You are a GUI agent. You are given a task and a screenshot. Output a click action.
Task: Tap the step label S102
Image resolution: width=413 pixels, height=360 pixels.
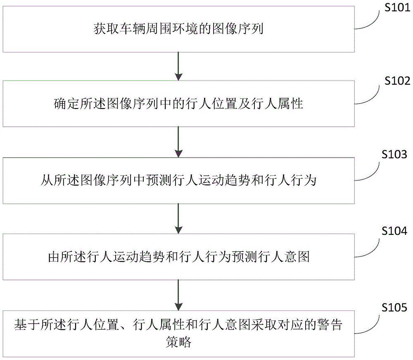point(395,81)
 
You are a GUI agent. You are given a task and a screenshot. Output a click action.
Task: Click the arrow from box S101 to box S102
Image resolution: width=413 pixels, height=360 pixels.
point(178,66)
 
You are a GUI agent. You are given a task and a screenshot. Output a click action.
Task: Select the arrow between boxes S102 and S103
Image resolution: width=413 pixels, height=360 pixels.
point(178,142)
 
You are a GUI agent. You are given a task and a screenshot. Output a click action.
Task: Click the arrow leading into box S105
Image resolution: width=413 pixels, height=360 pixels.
point(178,294)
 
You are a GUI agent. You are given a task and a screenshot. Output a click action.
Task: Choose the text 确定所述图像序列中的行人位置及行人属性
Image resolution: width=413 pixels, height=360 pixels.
point(178,105)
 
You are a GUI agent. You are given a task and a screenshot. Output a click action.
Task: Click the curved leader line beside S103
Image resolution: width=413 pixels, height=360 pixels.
point(369,171)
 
